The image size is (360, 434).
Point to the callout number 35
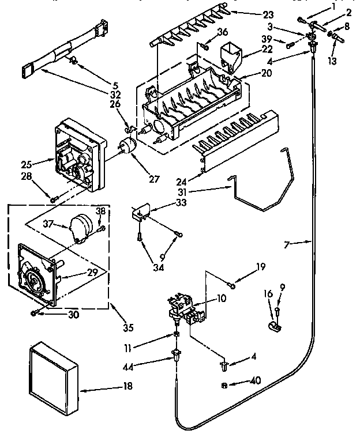coord(128,328)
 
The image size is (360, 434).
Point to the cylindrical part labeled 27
coord(127,146)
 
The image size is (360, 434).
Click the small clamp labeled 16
coord(273,327)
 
